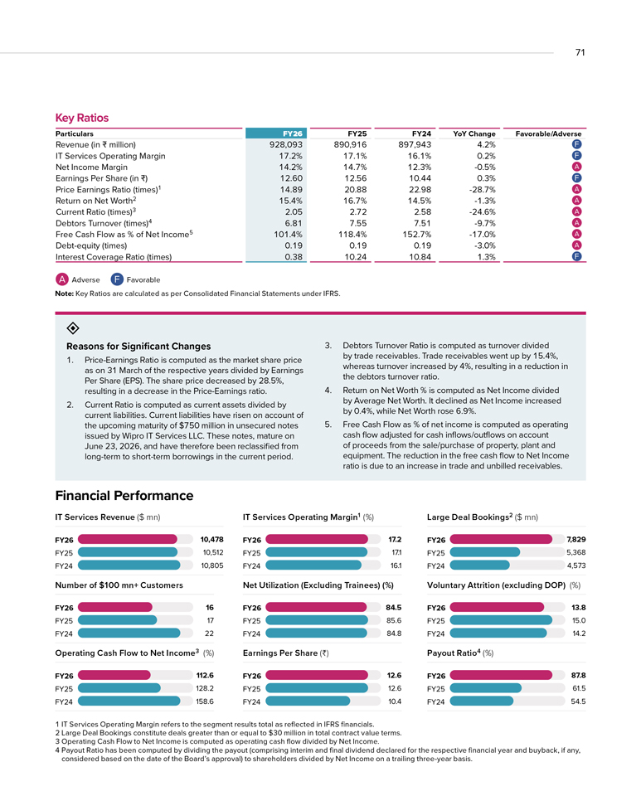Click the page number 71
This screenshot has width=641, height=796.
click(x=580, y=52)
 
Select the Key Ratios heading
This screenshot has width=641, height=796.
click(x=82, y=118)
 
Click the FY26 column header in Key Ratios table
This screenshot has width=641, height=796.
click(x=293, y=133)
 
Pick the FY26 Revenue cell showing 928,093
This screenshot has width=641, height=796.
click(x=286, y=144)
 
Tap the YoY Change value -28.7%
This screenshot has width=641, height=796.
click(x=482, y=189)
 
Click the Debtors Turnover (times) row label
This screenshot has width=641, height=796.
click(x=104, y=223)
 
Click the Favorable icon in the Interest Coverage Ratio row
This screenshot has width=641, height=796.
click(x=576, y=256)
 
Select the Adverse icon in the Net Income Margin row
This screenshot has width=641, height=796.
click(x=576, y=167)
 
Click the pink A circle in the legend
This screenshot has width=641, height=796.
click(x=62, y=279)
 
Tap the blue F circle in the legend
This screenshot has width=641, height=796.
click(x=117, y=279)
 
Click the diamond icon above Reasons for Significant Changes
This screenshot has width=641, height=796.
click(x=73, y=328)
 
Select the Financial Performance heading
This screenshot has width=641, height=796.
click(x=124, y=496)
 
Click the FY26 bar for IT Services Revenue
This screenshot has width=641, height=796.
click(x=128, y=539)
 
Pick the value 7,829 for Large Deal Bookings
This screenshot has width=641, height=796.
click(x=576, y=539)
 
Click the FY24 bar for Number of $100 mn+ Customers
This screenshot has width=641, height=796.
click(x=129, y=633)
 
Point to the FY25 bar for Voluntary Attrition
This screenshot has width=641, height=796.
click(x=501, y=620)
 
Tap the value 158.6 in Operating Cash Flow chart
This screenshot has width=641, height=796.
click(x=205, y=701)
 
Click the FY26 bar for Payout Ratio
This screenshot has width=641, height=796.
click(x=501, y=675)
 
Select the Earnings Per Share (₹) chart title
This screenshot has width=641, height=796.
click(x=286, y=653)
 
